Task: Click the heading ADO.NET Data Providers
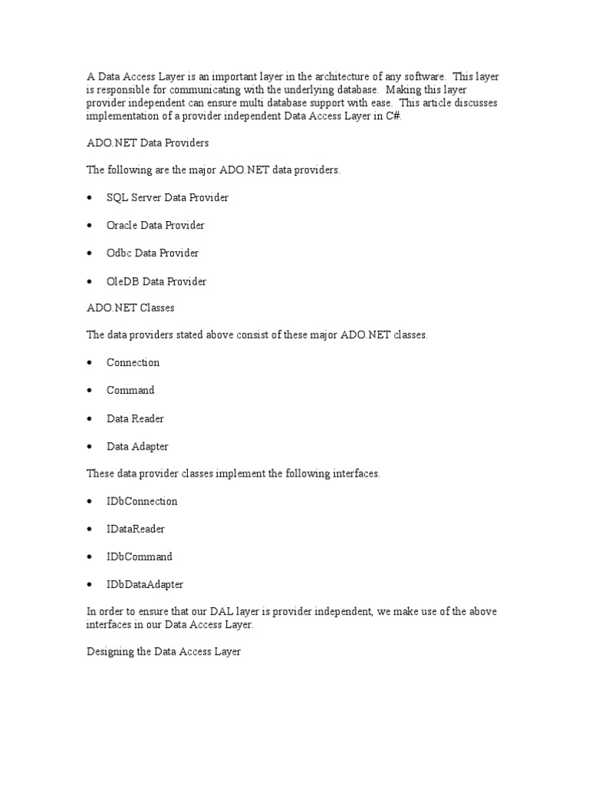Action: tap(146, 143)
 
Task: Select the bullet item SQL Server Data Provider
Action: tap(167, 197)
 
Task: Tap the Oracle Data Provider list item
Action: tap(155, 226)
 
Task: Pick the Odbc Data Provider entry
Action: tap(152, 253)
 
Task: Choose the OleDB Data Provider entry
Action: tap(156, 282)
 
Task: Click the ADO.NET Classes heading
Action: tap(130, 308)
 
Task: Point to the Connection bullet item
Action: tap(133, 362)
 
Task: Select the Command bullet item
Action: tap(130, 390)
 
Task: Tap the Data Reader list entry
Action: tap(135, 418)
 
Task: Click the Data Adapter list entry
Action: tap(137, 446)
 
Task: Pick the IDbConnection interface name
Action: tap(142, 501)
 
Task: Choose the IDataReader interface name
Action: tap(136, 529)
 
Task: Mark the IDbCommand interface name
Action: tap(140, 556)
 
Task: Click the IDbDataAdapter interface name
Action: tap(145, 584)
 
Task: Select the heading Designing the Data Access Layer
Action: tap(163, 652)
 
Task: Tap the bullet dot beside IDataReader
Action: tap(90, 529)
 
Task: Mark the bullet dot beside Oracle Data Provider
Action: tap(90, 226)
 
